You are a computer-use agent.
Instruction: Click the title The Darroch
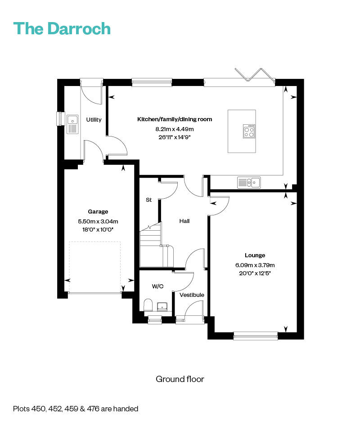click(62, 28)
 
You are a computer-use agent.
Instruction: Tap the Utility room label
click(94, 119)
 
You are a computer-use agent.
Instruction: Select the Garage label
click(98, 212)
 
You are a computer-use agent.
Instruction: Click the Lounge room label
click(255, 255)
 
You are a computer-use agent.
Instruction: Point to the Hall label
click(184, 221)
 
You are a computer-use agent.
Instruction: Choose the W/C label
click(157, 286)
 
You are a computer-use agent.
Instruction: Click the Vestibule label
click(192, 295)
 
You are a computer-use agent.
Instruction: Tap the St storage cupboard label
click(148, 200)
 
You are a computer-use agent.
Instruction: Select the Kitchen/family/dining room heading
click(175, 119)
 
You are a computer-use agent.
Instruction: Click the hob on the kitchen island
click(249, 131)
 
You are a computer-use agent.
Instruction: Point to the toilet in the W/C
click(148, 305)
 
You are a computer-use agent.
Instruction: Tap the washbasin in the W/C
click(162, 306)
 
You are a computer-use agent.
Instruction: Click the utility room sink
click(72, 124)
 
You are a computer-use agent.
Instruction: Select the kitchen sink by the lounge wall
click(249, 182)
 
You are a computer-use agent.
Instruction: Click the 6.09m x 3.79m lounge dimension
click(255, 265)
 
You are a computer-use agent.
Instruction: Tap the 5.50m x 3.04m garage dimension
click(98, 221)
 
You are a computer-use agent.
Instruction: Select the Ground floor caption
click(180, 379)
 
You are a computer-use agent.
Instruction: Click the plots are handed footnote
click(76, 409)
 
